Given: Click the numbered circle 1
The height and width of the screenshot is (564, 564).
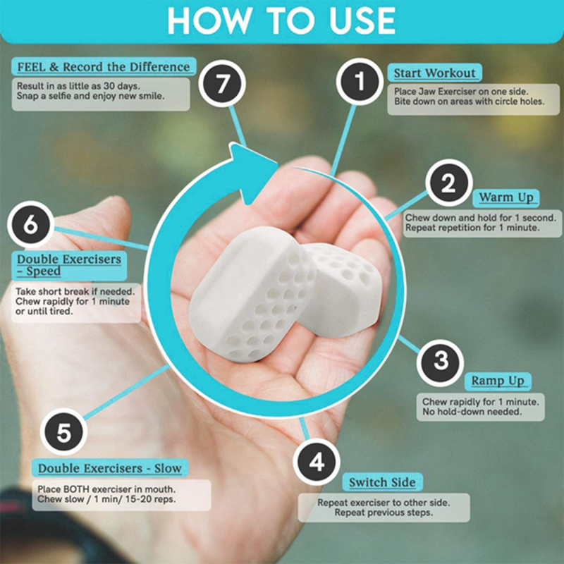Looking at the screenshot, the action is (x=360, y=82).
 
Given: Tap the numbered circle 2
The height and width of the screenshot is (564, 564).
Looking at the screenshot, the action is (x=449, y=183).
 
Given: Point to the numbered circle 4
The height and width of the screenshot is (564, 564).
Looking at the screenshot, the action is (x=317, y=462).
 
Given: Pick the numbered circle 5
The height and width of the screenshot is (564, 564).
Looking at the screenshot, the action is (x=63, y=432).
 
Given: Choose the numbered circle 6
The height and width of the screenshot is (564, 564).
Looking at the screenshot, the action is (x=30, y=224).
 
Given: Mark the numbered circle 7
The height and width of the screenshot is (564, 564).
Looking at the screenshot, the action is (x=222, y=83).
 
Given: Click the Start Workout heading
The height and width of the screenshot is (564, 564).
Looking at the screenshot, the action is (x=434, y=73).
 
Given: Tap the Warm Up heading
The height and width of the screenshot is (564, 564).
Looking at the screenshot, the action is (x=505, y=197).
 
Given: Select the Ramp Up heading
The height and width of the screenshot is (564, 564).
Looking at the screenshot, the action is (x=498, y=381).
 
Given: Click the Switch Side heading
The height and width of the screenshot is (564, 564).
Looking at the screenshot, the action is (x=382, y=482).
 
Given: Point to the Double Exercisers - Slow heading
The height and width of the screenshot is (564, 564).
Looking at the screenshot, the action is (x=110, y=468).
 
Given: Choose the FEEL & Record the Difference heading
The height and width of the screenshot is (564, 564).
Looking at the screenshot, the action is (x=104, y=67).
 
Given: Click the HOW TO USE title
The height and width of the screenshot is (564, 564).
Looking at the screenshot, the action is (x=281, y=20).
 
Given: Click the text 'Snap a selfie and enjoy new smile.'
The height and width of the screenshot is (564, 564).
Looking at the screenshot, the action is (x=91, y=96).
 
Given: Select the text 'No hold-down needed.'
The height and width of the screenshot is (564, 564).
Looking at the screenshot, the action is (x=472, y=412).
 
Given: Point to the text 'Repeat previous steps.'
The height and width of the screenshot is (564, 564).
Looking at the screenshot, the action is (x=384, y=513).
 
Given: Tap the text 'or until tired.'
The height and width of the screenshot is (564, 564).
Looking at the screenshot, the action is (x=44, y=311).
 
